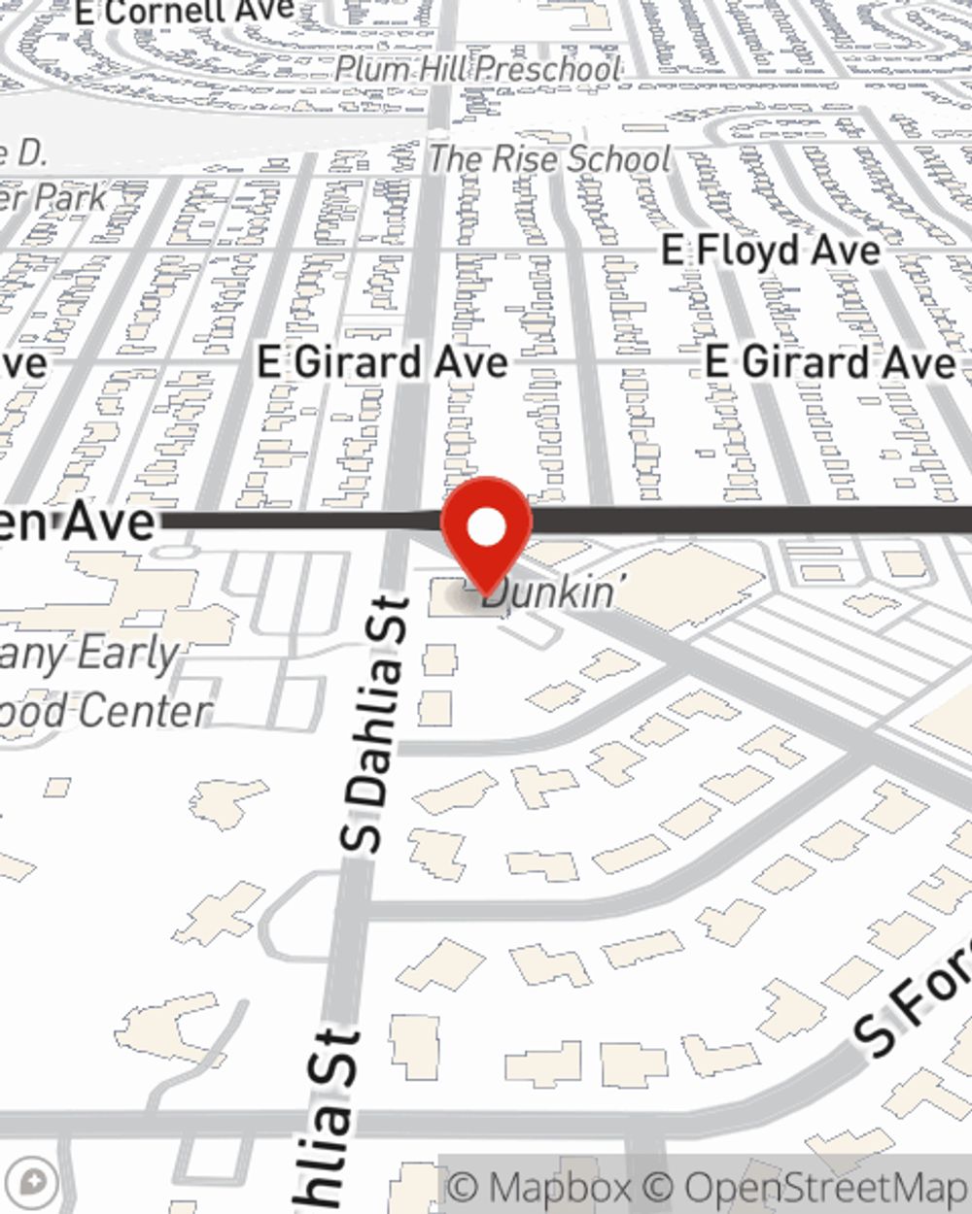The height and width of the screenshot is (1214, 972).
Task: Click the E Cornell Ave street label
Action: pyautogui.click(x=185, y=12)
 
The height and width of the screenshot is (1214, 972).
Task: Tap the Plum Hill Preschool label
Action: pyautogui.click(x=478, y=69)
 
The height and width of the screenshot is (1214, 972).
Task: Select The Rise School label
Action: pyautogui.click(x=550, y=158)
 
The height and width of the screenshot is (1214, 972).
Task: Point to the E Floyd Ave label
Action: pyautogui.click(x=771, y=251)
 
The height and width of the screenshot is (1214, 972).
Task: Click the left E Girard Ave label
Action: pyautogui.click(x=382, y=362)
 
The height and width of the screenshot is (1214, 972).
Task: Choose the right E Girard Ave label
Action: pyautogui.click(x=830, y=362)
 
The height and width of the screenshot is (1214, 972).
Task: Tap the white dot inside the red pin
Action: pyautogui.click(x=486, y=527)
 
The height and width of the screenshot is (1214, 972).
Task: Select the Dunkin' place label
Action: pyautogui.click(x=550, y=591)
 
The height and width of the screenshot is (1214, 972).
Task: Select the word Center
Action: pyautogui.click(x=146, y=711)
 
